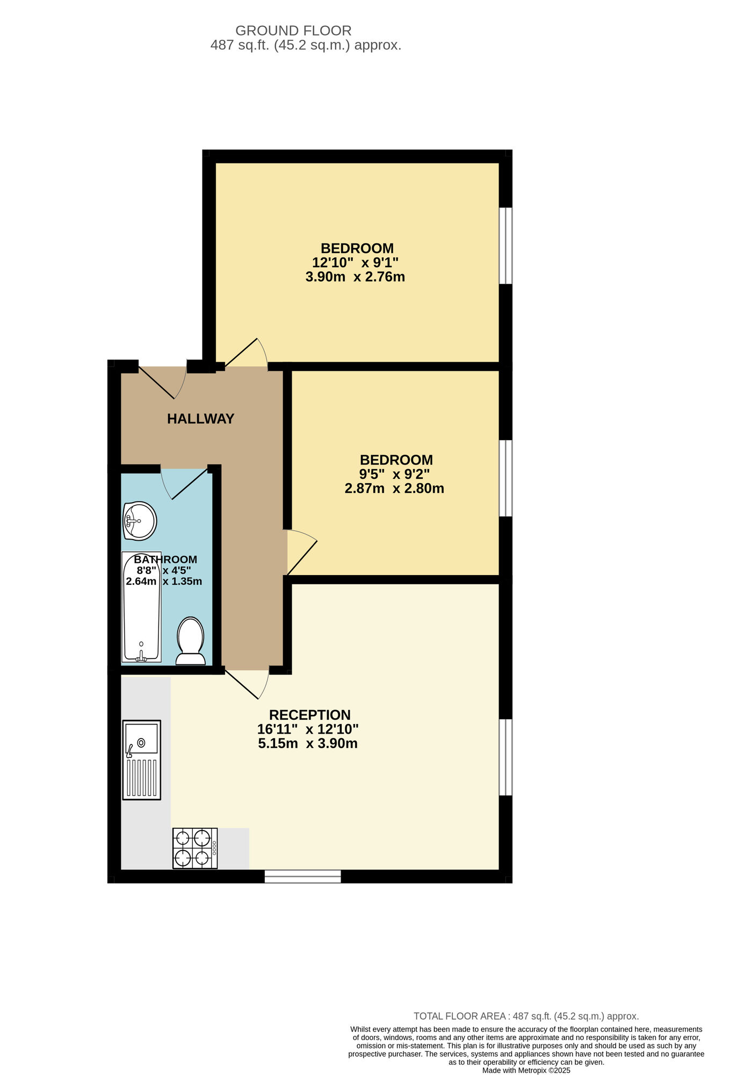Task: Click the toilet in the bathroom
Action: [191, 641]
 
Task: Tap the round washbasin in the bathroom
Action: [140, 520]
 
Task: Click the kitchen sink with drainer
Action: [142, 759]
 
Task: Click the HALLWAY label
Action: [200, 419]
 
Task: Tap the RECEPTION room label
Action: [309, 715]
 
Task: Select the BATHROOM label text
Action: [165, 560]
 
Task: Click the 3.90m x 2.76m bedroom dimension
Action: [355, 277]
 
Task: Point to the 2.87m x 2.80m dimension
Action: [394, 489]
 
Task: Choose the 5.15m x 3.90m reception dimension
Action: [308, 744]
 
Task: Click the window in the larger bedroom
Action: [505, 246]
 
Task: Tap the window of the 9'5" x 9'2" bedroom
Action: [505, 478]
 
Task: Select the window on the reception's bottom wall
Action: [303, 877]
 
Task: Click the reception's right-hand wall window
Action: [505, 757]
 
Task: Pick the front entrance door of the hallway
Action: [161, 382]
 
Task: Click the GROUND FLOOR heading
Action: [293, 31]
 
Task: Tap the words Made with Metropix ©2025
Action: [526, 1070]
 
